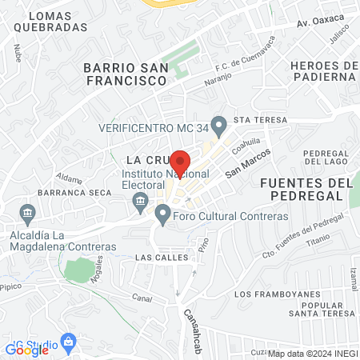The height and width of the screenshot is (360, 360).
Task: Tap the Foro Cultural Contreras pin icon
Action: click(163, 213)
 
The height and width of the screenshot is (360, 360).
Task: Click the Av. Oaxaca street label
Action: click(319, 18)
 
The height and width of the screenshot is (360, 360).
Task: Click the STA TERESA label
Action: click(255, 120)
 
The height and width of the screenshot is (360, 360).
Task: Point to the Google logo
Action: click(28, 349)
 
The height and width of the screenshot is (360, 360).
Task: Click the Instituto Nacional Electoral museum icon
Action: click(141, 200)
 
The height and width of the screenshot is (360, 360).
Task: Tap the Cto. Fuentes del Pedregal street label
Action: click(302, 236)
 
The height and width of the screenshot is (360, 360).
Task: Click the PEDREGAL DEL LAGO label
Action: click(328, 157)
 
